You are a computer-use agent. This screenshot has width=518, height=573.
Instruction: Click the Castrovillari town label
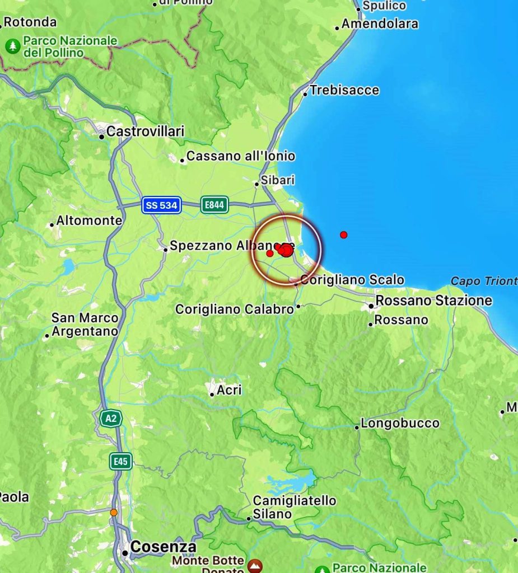pos(145,131)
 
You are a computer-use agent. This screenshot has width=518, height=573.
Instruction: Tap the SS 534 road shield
pos(161,205)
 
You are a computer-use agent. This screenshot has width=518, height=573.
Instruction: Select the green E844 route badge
pos(214,205)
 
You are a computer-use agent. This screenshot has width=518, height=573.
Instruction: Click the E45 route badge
pos(120,461)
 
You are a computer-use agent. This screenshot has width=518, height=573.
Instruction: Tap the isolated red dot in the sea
pos(343,234)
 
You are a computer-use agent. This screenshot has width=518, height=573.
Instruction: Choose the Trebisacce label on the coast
pos(344,90)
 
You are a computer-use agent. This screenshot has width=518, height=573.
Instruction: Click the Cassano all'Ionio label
pos(240,156)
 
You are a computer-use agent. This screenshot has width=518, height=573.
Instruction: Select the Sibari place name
pos(278,181)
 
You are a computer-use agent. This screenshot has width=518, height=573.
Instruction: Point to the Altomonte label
pos(89,220)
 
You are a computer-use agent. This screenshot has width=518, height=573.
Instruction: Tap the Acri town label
pos(229,389)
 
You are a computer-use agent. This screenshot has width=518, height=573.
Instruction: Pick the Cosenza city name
pos(163,547)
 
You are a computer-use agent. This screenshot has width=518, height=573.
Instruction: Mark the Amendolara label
pos(380,24)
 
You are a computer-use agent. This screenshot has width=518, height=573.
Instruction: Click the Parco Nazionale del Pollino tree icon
pos(12,46)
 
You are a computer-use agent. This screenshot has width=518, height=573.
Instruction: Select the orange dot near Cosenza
pos(114,512)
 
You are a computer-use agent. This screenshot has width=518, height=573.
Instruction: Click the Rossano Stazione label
pos(433,300)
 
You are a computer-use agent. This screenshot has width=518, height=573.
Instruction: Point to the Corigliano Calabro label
pos(234,309)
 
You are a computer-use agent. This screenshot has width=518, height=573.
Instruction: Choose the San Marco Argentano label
pos(85,325)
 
